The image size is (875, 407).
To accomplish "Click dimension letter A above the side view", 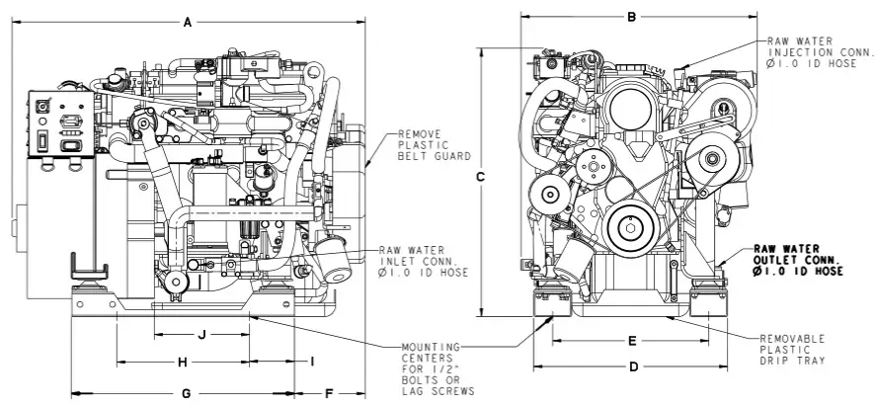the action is pyautogui.click(x=188, y=23).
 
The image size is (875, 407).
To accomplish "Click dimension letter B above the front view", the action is pyautogui.click(x=632, y=17).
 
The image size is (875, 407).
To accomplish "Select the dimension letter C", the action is pyautogui.click(x=480, y=177).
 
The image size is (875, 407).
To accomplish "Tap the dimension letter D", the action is pyautogui.click(x=634, y=366).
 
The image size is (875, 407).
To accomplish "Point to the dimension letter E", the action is pyautogui.click(x=632, y=341).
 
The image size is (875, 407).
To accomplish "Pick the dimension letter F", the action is pyautogui.click(x=329, y=394).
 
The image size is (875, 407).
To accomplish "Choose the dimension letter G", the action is pyautogui.click(x=187, y=394).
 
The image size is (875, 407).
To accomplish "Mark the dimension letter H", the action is pyautogui.click(x=183, y=363).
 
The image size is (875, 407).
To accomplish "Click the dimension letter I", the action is pyautogui.click(x=312, y=362).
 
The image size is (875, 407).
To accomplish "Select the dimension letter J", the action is pyautogui.click(x=202, y=335).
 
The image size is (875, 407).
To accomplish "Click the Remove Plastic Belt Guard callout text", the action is pyautogui.click(x=435, y=145).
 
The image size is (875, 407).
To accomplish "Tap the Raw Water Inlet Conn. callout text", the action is pyautogui.click(x=424, y=261).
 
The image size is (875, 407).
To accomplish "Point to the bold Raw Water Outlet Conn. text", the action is pyautogui.click(x=798, y=260).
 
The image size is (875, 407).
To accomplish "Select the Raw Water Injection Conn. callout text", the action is pyautogui.click(x=819, y=52).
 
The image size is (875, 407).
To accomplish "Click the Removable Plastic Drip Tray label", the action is pyautogui.click(x=792, y=350).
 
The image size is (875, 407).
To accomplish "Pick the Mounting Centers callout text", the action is pyautogui.click(x=438, y=368).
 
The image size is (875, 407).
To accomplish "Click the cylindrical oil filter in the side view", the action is pyautogui.click(x=333, y=260).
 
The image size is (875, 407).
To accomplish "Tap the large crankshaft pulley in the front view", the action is pyautogui.click(x=631, y=228).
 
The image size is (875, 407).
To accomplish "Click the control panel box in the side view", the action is pyautogui.click(x=61, y=123).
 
